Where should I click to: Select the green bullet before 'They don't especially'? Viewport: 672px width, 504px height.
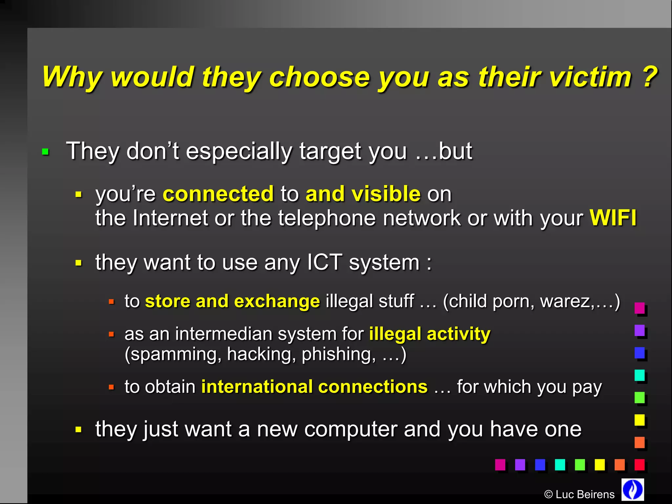[x=45, y=152]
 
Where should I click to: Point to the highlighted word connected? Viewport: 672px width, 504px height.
[x=218, y=194]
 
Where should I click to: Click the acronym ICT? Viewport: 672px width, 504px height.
[x=325, y=262]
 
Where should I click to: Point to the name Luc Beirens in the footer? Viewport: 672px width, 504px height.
[x=585, y=494]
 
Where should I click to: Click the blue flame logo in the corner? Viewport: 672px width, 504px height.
[x=633, y=489]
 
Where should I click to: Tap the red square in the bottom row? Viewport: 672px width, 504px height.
[x=640, y=465]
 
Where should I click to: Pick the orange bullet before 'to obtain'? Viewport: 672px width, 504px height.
[x=111, y=387]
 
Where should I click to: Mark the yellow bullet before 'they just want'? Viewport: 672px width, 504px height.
[x=78, y=430]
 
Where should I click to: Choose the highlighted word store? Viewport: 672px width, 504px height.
[x=167, y=301]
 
